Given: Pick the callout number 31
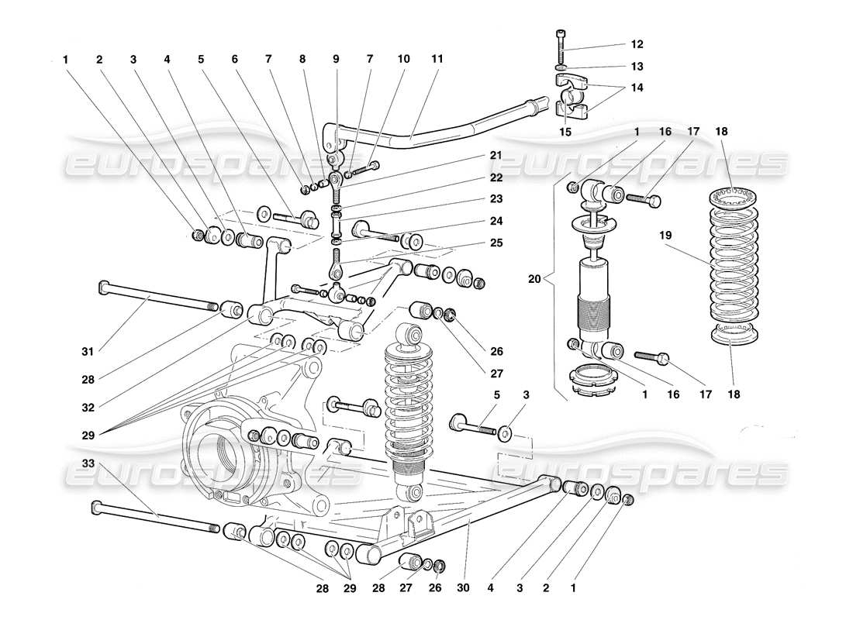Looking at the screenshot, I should [x=88, y=352].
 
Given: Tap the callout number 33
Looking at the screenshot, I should [x=88, y=463].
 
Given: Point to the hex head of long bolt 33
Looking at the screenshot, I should [x=96, y=507].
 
